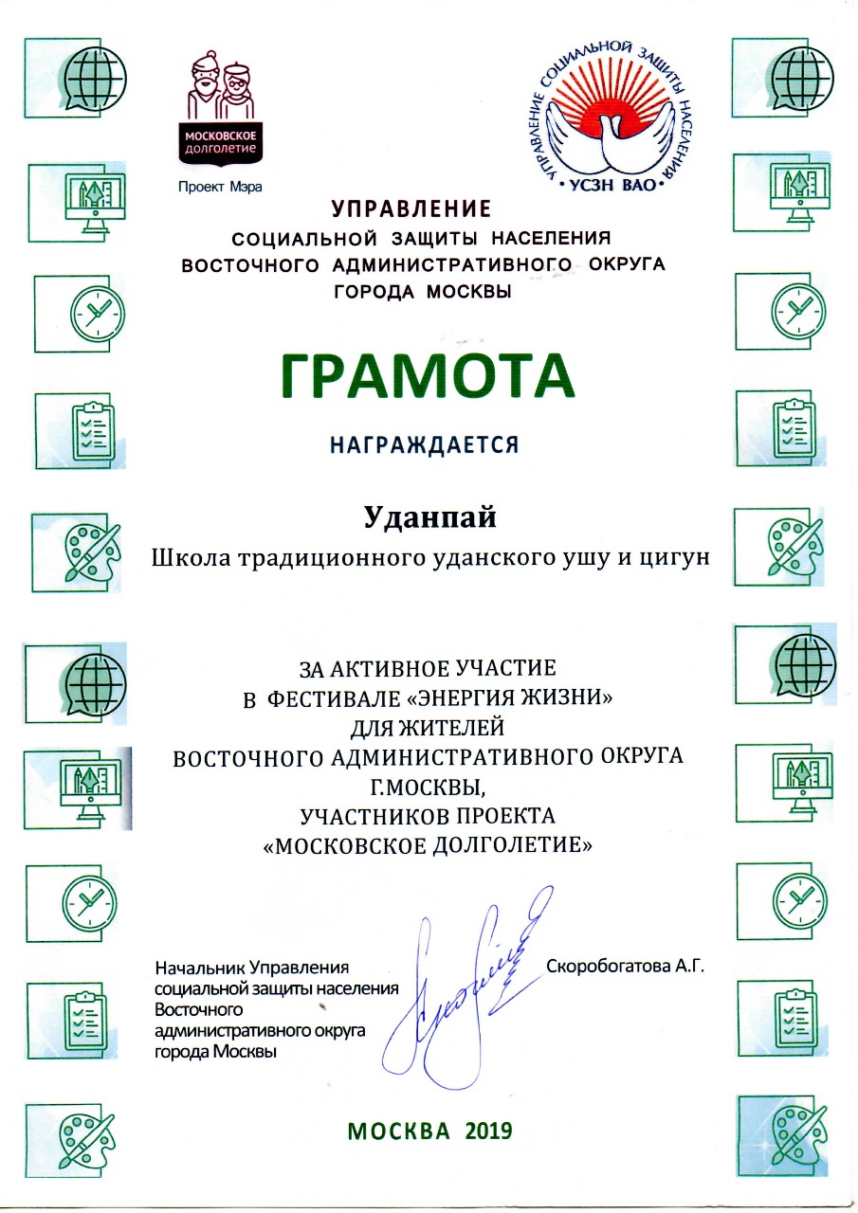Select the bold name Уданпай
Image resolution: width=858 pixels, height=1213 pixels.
[430, 517]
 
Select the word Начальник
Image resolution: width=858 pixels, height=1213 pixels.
[198, 968]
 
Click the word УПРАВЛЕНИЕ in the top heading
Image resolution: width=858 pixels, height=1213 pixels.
[411, 208]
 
